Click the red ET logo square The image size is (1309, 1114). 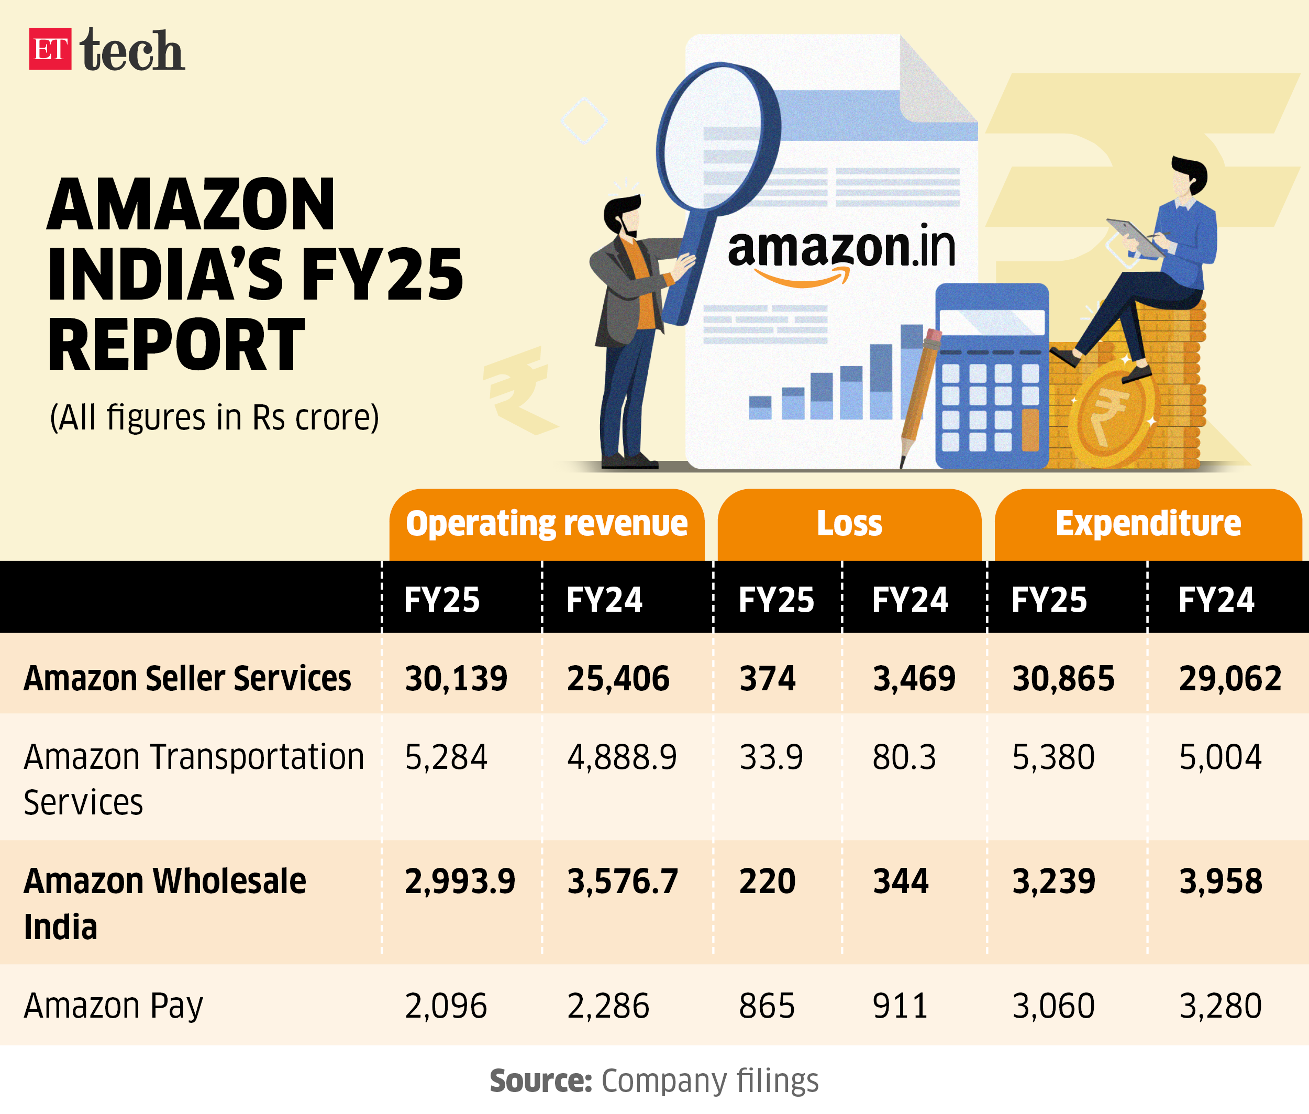(50, 49)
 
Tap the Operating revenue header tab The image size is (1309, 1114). (546, 524)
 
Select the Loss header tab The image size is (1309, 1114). (849, 524)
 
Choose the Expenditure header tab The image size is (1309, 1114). (1147, 524)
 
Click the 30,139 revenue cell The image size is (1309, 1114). (456, 678)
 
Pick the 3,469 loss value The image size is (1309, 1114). (914, 678)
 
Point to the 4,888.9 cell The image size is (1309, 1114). (622, 757)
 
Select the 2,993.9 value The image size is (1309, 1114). (460, 881)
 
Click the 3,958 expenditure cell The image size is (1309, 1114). (1221, 881)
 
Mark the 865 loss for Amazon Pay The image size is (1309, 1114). (767, 1006)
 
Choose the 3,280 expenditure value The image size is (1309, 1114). (1221, 1006)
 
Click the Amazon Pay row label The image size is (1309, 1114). (114, 1006)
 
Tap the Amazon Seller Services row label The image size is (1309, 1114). (187, 678)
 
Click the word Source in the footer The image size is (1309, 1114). (540, 1080)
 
